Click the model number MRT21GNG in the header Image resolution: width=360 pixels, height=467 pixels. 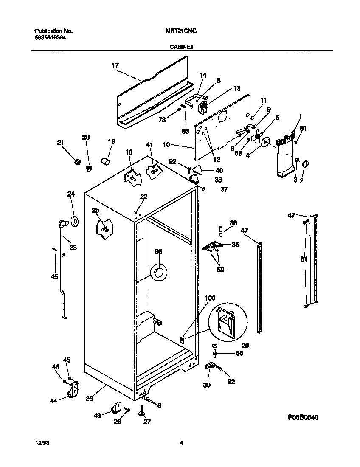pyautogui.click(x=180, y=31)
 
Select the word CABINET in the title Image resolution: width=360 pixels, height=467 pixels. pyautogui.click(x=180, y=47)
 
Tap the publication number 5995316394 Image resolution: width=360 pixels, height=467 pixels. pyautogui.click(x=50, y=37)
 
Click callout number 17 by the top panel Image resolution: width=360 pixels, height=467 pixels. pyautogui.click(x=115, y=65)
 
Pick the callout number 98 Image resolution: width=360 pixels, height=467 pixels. pyautogui.click(x=158, y=252)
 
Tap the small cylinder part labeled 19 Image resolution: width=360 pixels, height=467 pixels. pyautogui.click(x=105, y=162)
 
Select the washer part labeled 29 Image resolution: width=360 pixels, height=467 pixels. pyautogui.click(x=215, y=346)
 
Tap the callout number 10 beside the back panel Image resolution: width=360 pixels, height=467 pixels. pyautogui.click(x=166, y=145)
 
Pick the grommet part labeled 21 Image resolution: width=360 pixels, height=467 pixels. pyautogui.click(x=78, y=161)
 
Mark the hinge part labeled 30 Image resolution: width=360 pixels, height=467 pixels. pyautogui.click(x=210, y=366)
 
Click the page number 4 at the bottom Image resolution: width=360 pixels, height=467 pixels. pyautogui.click(x=181, y=443)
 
